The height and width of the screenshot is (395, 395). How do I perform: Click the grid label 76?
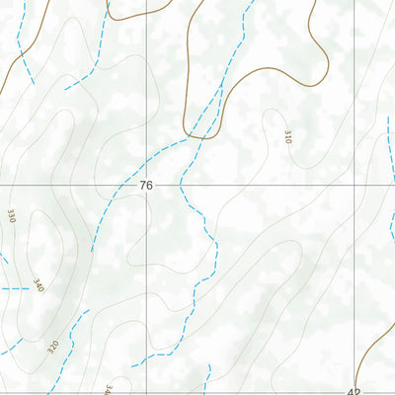146,186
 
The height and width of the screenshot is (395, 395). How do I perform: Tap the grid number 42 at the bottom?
355,390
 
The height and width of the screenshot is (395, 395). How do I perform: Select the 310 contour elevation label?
287,135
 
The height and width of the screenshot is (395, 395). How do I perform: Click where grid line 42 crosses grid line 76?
353,185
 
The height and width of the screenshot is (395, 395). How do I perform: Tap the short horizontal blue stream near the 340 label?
15,288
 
